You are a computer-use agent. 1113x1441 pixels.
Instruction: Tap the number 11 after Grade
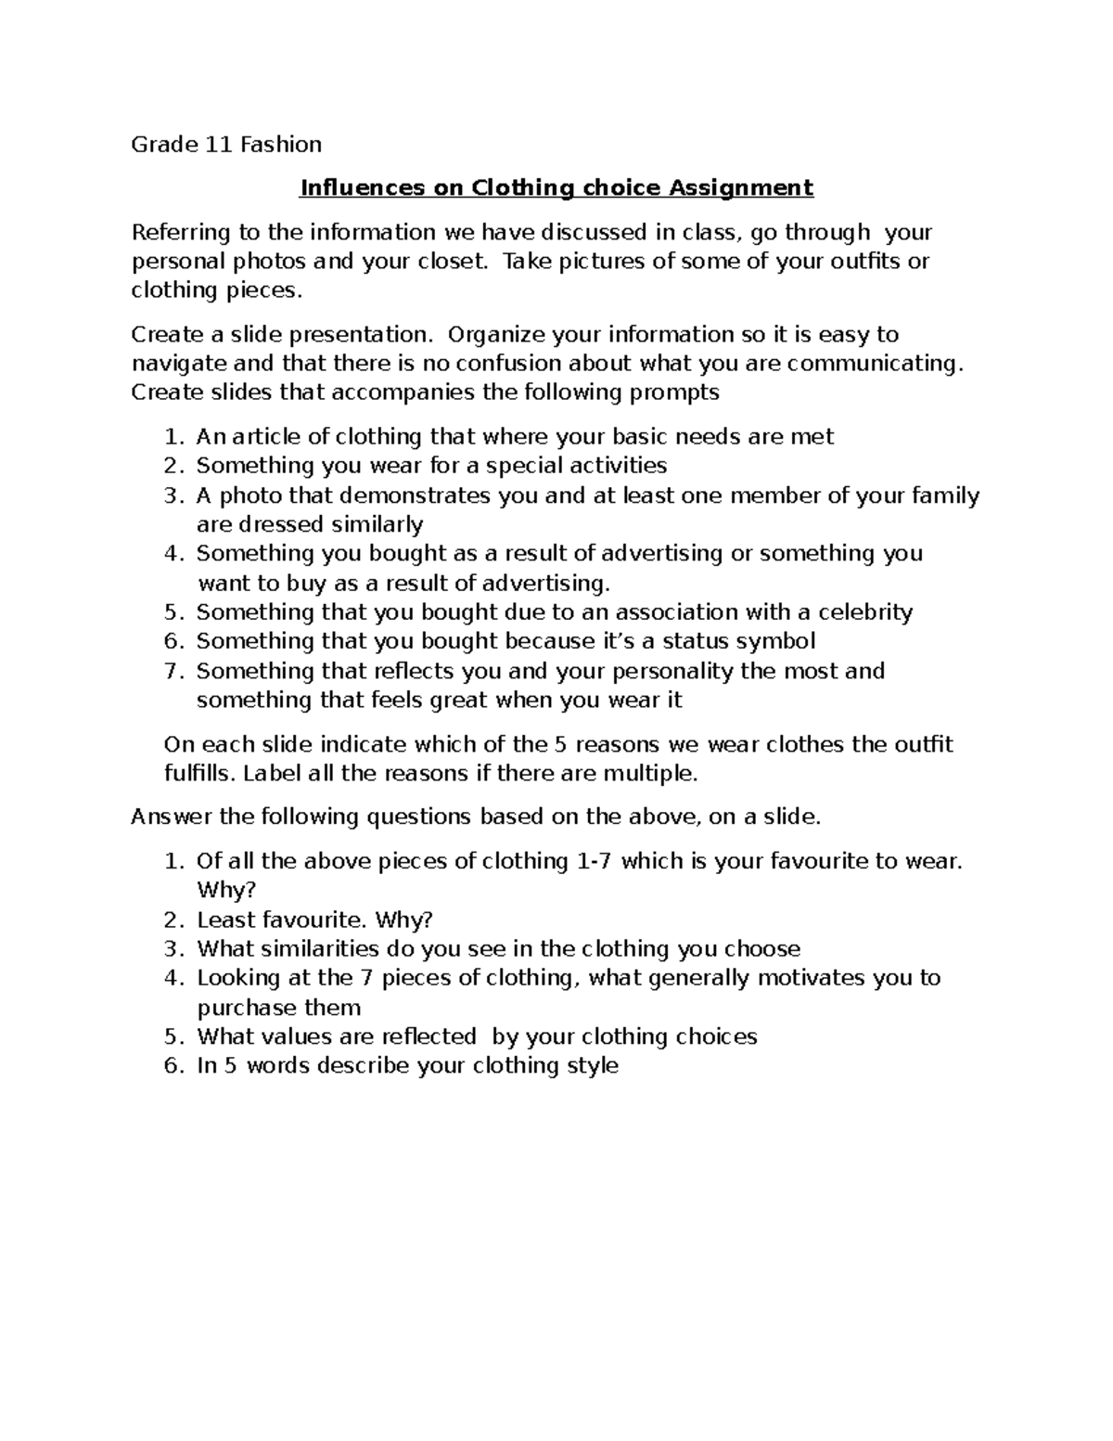(x=219, y=144)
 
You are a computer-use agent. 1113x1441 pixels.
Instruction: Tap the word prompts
(x=675, y=392)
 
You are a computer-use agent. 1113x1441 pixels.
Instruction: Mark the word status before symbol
(x=698, y=640)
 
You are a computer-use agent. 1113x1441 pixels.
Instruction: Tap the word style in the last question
(x=592, y=1065)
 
